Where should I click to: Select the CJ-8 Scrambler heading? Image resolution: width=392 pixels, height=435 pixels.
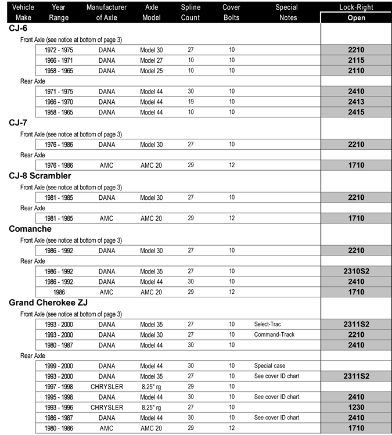tap(40, 175)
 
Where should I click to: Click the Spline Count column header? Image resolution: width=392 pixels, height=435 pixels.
tap(190, 12)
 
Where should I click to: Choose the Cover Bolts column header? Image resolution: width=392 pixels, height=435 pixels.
tap(232, 12)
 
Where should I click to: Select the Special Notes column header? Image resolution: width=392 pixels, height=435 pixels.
tap(286, 12)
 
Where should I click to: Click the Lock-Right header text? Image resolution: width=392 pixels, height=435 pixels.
tap(356, 8)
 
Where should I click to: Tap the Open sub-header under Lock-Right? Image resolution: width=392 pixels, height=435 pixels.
tap(356, 17)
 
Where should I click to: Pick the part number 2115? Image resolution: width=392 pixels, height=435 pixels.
tap(356, 60)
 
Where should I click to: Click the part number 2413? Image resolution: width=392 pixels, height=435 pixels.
tap(356, 102)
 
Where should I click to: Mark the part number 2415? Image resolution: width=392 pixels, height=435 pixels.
tap(356, 112)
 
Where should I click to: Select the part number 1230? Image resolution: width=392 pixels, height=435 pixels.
tap(356, 408)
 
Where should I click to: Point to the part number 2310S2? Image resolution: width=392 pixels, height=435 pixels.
tap(356, 271)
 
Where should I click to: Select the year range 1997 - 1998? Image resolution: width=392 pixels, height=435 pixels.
tap(59, 387)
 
